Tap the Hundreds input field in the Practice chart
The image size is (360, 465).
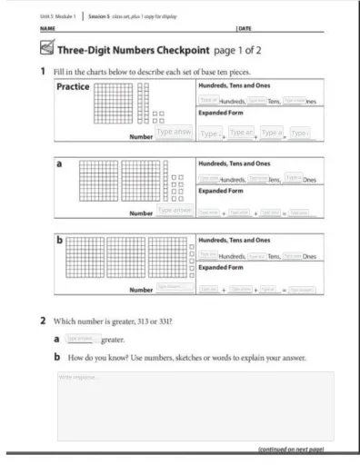pyautogui.click(x=208, y=100)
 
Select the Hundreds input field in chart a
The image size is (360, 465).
pyautogui.click(x=208, y=178)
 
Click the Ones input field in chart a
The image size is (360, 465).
pyautogui.click(x=293, y=177)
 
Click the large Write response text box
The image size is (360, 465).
pyautogui.click(x=195, y=405)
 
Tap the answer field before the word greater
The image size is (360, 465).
pyautogui.click(x=82, y=337)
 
